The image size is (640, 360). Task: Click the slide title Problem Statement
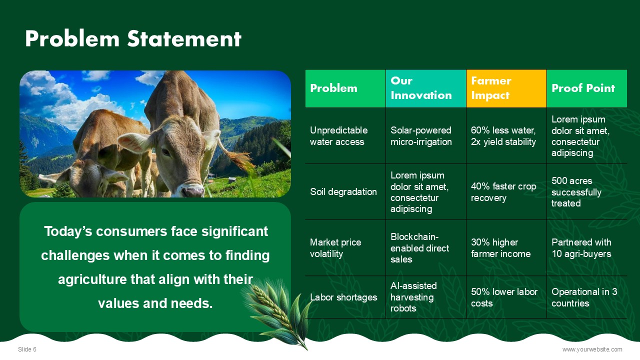pyautogui.click(x=133, y=38)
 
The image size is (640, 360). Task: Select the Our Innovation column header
pyautogui.click(x=425, y=88)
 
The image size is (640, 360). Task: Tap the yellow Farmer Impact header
pyautogui.click(x=506, y=88)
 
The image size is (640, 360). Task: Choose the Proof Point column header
pyautogui.click(x=587, y=88)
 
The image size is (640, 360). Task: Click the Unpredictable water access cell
pyautogui.click(x=345, y=135)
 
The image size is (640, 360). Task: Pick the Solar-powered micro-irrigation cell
pyautogui.click(x=425, y=135)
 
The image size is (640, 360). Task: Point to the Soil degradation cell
pyautogui.click(x=345, y=191)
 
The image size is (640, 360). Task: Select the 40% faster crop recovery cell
pyautogui.click(x=506, y=191)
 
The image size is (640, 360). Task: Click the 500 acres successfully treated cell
pyautogui.click(x=587, y=191)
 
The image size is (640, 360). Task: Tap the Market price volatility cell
pyautogui.click(x=345, y=247)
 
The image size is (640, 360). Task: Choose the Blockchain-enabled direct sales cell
pyautogui.click(x=425, y=247)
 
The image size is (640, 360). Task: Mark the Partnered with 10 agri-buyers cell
pyautogui.click(x=587, y=247)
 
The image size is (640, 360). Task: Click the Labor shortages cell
pyautogui.click(x=345, y=297)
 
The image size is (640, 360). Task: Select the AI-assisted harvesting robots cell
pyautogui.click(x=425, y=297)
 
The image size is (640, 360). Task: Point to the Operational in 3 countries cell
pyautogui.click(x=587, y=297)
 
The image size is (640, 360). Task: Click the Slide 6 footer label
pyautogui.click(x=27, y=349)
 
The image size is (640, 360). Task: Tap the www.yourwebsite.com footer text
pyautogui.click(x=592, y=349)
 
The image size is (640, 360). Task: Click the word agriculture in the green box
pyautogui.click(x=92, y=279)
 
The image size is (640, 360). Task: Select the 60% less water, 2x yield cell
pyautogui.click(x=506, y=135)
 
